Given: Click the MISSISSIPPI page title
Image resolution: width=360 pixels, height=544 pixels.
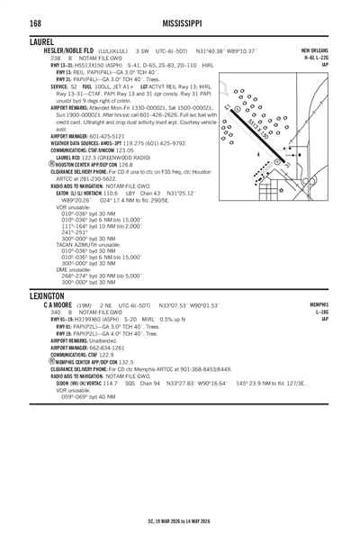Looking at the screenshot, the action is point(179,20).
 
